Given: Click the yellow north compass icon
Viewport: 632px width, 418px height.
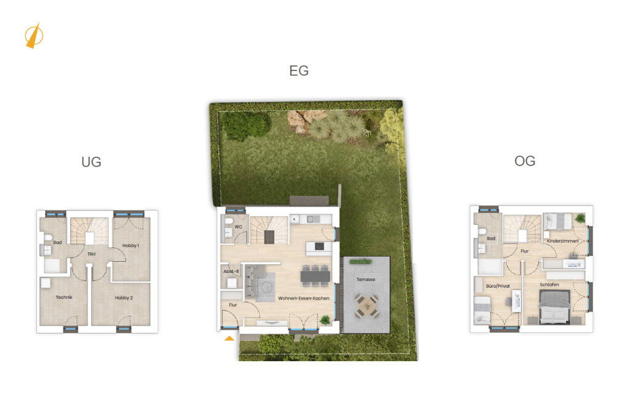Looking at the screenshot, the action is pyautogui.click(x=34, y=36).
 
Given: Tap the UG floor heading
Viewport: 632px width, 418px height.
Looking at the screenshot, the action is pyautogui.click(x=91, y=162).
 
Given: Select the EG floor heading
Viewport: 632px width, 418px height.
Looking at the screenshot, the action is pyautogui.click(x=299, y=71).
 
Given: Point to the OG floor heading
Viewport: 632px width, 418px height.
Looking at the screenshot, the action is pyautogui.click(x=525, y=161).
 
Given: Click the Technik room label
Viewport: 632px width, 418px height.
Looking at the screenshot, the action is pyautogui.click(x=64, y=298).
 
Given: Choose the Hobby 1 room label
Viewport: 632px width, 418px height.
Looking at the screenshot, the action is pyautogui.click(x=131, y=246).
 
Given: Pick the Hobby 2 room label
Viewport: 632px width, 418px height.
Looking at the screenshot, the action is pyautogui.click(x=123, y=298).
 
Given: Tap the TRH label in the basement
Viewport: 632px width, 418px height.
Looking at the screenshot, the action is pyautogui.click(x=91, y=254).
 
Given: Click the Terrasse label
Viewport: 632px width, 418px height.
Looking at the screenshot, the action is pyautogui.click(x=365, y=279).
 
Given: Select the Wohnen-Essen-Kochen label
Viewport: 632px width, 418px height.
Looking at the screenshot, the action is pyautogui.click(x=304, y=298).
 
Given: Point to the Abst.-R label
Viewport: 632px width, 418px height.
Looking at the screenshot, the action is pyautogui.click(x=231, y=271).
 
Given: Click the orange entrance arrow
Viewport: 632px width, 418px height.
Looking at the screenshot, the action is pyautogui.click(x=230, y=338).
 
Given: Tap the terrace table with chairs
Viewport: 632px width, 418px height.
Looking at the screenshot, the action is pyautogui.click(x=367, y=306).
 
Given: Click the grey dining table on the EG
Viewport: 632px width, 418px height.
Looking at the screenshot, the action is pyautogui.click(x=315, y=276).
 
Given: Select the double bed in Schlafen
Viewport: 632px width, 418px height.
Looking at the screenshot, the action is pyautogui.click(x=555, y=307).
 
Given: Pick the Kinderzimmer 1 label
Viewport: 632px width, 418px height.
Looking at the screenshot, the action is pyautogui.click(x=563, y=241).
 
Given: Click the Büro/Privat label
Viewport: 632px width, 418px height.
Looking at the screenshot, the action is pyautogui.click(x=498, y=286).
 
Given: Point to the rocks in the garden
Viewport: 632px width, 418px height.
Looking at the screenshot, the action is pyautogui.click(x=305, y=120).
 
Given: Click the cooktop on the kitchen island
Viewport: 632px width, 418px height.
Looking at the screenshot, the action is pyautogui.click(x=319, y=246).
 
